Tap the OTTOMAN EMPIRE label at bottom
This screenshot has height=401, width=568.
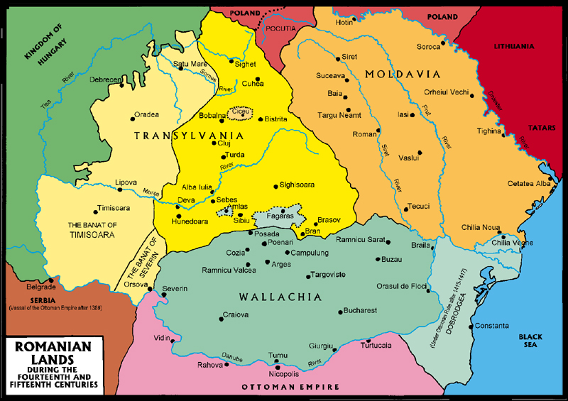click(288, 387)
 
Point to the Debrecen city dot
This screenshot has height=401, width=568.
click(122, 86)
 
